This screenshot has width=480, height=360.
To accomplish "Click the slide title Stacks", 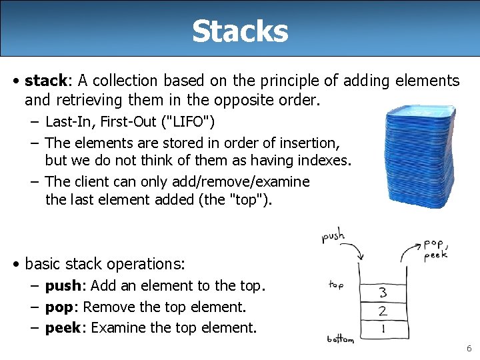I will pyautogui.click(x=240, y=31).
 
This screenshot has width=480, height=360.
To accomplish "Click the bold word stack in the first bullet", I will pyautogui.click(x=45, y=81).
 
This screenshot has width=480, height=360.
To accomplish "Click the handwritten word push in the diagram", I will pyautogui.click(x=333, y=236).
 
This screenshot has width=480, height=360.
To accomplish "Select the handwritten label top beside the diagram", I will pyautogui.click(x=336, y=285).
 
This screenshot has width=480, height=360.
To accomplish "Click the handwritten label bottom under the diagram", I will pyautogui.click(x=340, y=340).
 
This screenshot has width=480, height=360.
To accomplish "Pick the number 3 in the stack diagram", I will pyautogui.click(x=383, y=292).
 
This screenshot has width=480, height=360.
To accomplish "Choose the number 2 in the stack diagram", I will pyautogui.click(x=383, y=311).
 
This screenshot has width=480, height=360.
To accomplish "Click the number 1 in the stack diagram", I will pyautogui.click(x=383, y=328).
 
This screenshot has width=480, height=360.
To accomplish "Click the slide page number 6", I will pyautogui.click(x=469, y=349).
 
